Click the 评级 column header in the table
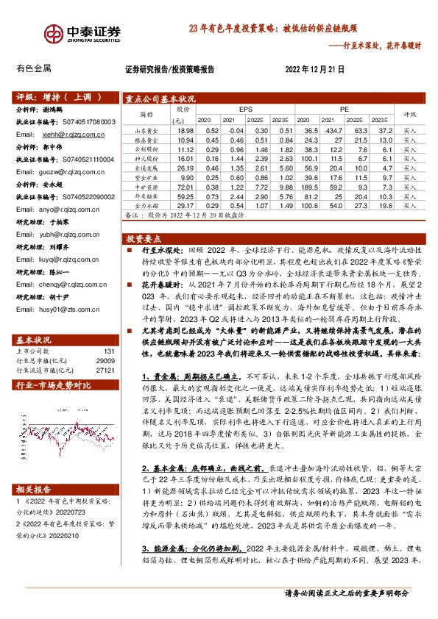click(x=409, y=114)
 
